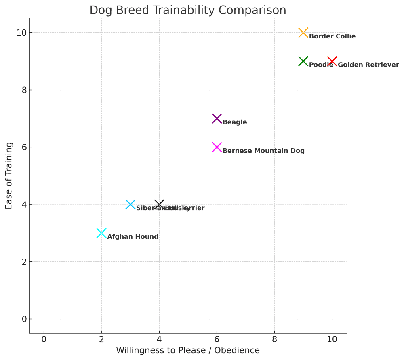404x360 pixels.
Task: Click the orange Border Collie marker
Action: coord(303,33)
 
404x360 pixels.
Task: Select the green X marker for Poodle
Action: coord(303,61)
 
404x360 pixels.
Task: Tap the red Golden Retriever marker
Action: coord(332,61)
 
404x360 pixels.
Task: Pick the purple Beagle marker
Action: coord(217,119)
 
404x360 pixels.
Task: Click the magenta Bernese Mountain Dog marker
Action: coord(217,147)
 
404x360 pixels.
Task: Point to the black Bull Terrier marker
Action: coord(159,204)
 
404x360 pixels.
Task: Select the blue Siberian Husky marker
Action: coord(130,204)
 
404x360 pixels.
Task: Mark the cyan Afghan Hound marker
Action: coord(101,233)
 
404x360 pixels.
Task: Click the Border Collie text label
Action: coord(332,36)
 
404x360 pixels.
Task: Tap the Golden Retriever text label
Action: coord(368,65)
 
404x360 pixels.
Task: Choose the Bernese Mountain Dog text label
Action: coord(263,151)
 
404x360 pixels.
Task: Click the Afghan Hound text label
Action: coord(133,237)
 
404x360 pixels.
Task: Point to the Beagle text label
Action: coord(235,122)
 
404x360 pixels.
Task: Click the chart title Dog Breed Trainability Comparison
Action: coord(188,10)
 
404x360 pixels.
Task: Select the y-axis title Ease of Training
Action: coord(9,176)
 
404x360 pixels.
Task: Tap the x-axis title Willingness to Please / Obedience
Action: coord(188,351)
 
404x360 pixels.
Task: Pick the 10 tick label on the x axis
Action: coord(332,339)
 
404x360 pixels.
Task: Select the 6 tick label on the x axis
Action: coord(217,339)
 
